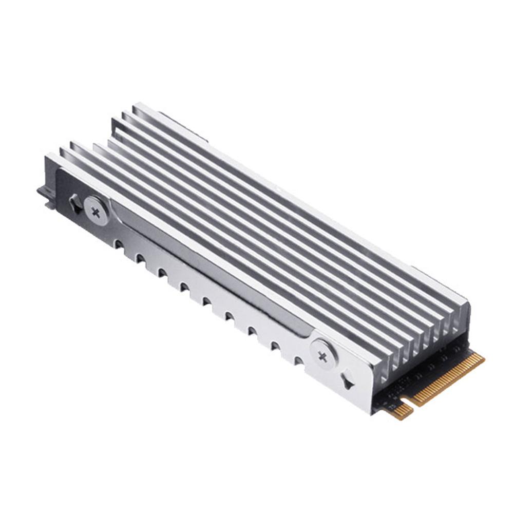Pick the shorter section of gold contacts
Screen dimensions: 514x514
click(x=403, y=410)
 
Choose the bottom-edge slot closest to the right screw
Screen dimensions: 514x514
click(x=298, y=359)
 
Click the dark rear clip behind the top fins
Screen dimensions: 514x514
click(x=185, y=126)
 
